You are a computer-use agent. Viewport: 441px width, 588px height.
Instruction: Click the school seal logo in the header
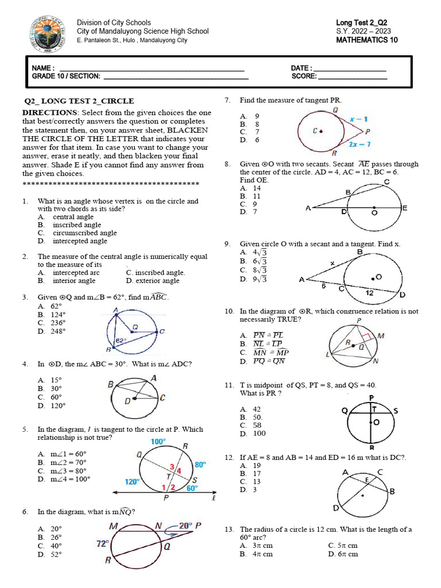pos(47,33)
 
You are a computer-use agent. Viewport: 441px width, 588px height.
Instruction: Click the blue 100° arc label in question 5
pos(158,442)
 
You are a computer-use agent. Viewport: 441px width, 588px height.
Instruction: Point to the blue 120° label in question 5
pos(132,482)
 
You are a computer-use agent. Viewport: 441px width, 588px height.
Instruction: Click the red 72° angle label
pos(102,543)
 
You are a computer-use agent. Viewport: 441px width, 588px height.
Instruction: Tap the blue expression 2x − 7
pos(359,144)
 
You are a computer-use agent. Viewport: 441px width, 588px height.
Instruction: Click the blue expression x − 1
pos(359,119)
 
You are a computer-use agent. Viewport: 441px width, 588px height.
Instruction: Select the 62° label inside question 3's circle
pos(121,341)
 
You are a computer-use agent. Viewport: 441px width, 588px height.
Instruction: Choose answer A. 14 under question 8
pos(250,188)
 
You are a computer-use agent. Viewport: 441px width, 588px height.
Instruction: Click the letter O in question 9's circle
pos(379,277)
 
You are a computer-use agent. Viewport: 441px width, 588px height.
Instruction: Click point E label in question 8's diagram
pos(404,208)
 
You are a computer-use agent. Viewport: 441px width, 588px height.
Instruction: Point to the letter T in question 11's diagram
pos(374,409)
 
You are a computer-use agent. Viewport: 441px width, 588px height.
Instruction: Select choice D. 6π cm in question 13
pos(343,554)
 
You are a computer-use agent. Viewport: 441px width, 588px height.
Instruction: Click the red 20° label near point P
pos(185,525)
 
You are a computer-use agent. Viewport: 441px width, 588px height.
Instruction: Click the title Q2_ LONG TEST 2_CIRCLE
pos(79,100)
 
